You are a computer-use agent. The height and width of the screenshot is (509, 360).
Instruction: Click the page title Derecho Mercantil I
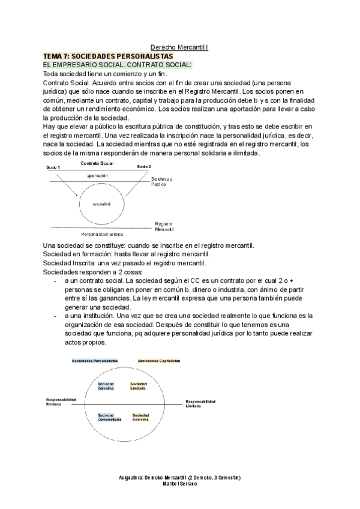179,46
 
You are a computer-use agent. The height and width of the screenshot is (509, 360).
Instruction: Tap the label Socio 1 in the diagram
54,166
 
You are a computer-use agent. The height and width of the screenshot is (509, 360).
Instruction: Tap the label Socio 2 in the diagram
143,166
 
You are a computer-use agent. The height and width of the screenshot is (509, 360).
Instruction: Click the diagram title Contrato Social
97,163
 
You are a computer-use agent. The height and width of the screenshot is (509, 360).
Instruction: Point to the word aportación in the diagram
98,175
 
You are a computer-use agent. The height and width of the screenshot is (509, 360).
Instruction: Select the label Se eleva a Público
162,182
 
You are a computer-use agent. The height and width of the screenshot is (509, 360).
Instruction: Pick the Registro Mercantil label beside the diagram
164,225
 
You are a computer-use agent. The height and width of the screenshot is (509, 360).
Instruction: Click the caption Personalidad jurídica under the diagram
102,233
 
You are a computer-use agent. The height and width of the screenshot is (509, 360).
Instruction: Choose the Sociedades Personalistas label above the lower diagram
94,361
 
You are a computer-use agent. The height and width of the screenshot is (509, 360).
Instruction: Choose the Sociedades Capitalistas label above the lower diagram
159,361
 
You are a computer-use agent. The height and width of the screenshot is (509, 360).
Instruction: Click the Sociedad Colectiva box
106,385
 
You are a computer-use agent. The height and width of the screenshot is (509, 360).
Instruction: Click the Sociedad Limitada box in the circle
139,385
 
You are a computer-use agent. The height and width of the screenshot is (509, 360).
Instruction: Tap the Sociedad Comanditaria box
109,417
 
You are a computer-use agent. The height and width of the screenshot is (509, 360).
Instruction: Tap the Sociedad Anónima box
140,417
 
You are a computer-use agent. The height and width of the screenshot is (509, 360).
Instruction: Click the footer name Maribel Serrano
180,483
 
